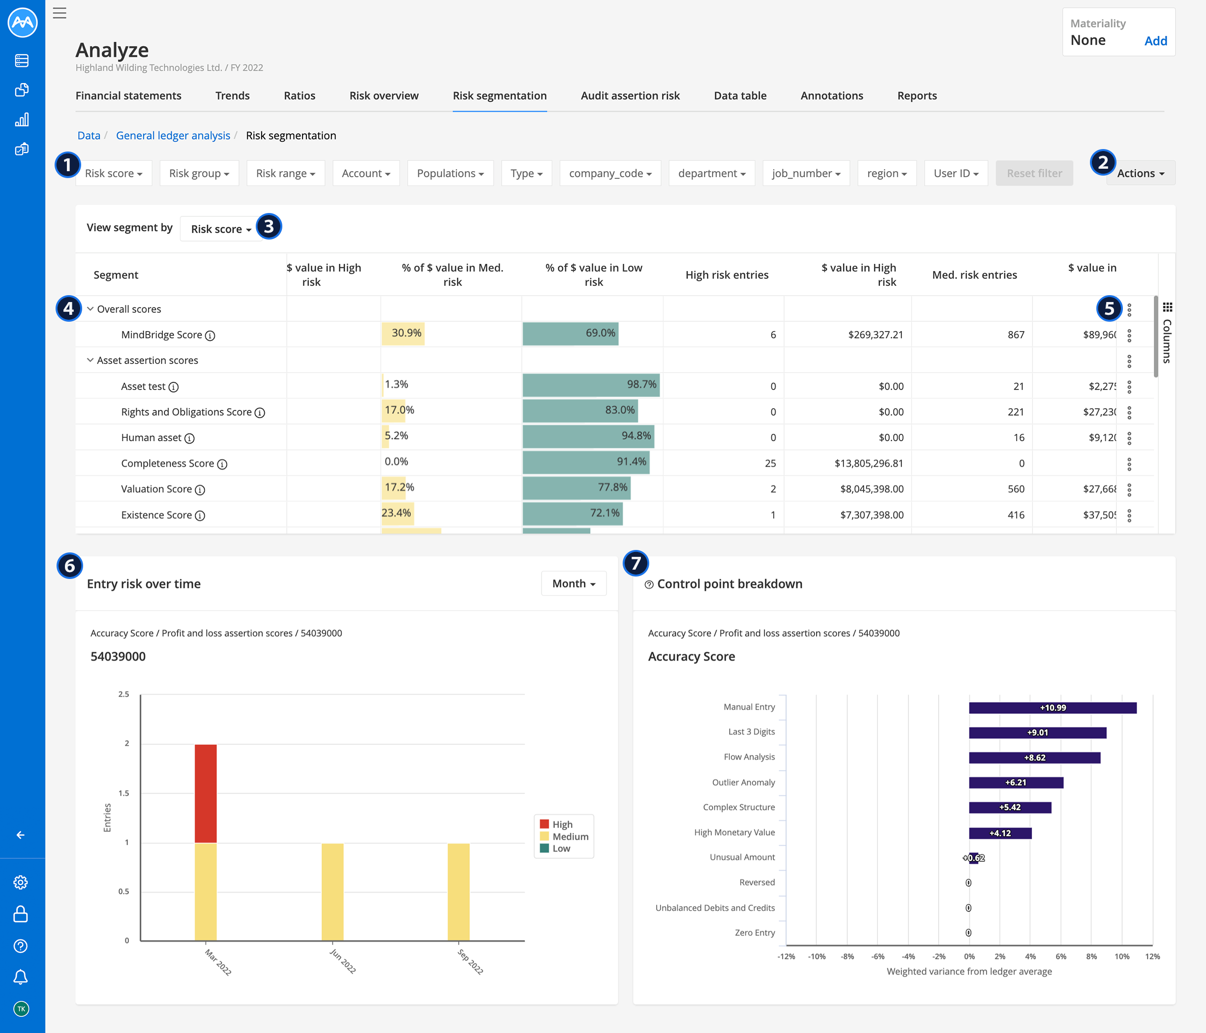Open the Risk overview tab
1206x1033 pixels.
[x=384, y=95]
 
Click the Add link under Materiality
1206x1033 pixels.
[x=1155, y=41]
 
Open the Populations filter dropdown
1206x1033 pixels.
[x=450, y=174]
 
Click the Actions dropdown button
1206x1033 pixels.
[x=1140, y=174]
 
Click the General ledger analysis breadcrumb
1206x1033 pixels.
[x=173, y=136]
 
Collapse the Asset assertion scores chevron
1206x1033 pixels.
[x=90, y=360]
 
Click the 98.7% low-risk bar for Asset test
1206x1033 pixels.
[x=591, y=385]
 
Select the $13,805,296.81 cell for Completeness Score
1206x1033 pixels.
[x=869, y=463]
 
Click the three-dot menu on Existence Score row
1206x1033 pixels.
[x=1129, y=515]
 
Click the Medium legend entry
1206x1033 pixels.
[x=570, y=836]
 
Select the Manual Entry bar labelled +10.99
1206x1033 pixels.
[x=1053, y=708]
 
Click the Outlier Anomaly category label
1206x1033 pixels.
[x=743, y=782]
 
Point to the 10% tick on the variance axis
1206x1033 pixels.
[x=1121, y=956]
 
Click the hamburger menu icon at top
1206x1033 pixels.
[x=60, y=13]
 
